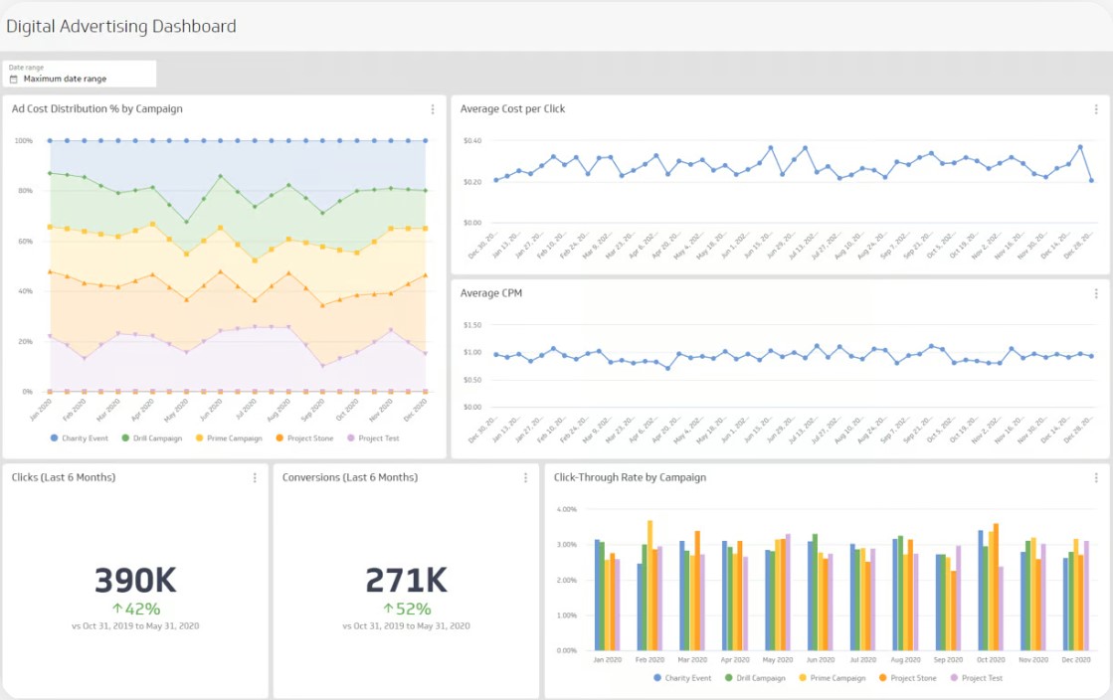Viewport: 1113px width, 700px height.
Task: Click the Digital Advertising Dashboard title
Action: pos(121,27)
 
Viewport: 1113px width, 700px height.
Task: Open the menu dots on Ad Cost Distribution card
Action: pos(432,109)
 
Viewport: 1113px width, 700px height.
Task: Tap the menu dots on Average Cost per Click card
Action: pos(1095,109)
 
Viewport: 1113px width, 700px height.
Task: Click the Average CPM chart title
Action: pos(491,293)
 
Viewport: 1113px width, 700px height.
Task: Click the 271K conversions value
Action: pos(406,580)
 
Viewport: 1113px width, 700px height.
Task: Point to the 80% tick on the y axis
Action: pos(23,191)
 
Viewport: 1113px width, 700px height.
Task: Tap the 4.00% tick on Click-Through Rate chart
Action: pos(566,509)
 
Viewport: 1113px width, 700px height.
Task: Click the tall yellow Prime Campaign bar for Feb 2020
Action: pos(650,585)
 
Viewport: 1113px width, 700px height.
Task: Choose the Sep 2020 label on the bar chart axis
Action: pos(949,659)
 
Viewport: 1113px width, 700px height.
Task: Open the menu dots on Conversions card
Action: pos(525,478)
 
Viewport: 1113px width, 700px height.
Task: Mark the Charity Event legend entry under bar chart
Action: pos(682,678)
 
